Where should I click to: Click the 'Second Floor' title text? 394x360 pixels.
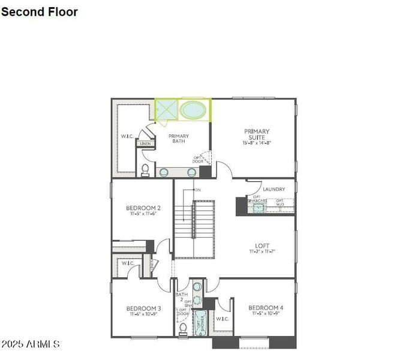pos(40,11)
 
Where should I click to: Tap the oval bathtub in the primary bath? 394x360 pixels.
pos(193,110)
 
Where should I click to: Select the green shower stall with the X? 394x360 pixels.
pos(167,110)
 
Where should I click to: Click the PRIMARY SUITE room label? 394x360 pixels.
pos(257,134)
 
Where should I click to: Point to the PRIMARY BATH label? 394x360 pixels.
pos(179,139)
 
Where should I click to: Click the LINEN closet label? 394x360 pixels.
pos(146,144)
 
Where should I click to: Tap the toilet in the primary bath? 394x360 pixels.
pos(145,170)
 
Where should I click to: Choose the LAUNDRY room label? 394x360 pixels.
pos(273,190)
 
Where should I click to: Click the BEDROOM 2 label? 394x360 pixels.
pos(143,208)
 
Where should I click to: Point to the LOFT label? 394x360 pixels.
pos(262,245)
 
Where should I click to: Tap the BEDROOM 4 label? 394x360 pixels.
pos(266,308)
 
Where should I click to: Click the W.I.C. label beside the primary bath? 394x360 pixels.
pos(127,136)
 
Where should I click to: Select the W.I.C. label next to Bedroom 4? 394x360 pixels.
pos(222,319)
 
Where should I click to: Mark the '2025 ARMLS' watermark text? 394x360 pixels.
pos(31,344)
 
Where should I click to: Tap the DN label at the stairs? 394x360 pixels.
pos(197,190)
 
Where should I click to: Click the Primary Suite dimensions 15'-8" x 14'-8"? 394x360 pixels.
pos(257,143)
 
